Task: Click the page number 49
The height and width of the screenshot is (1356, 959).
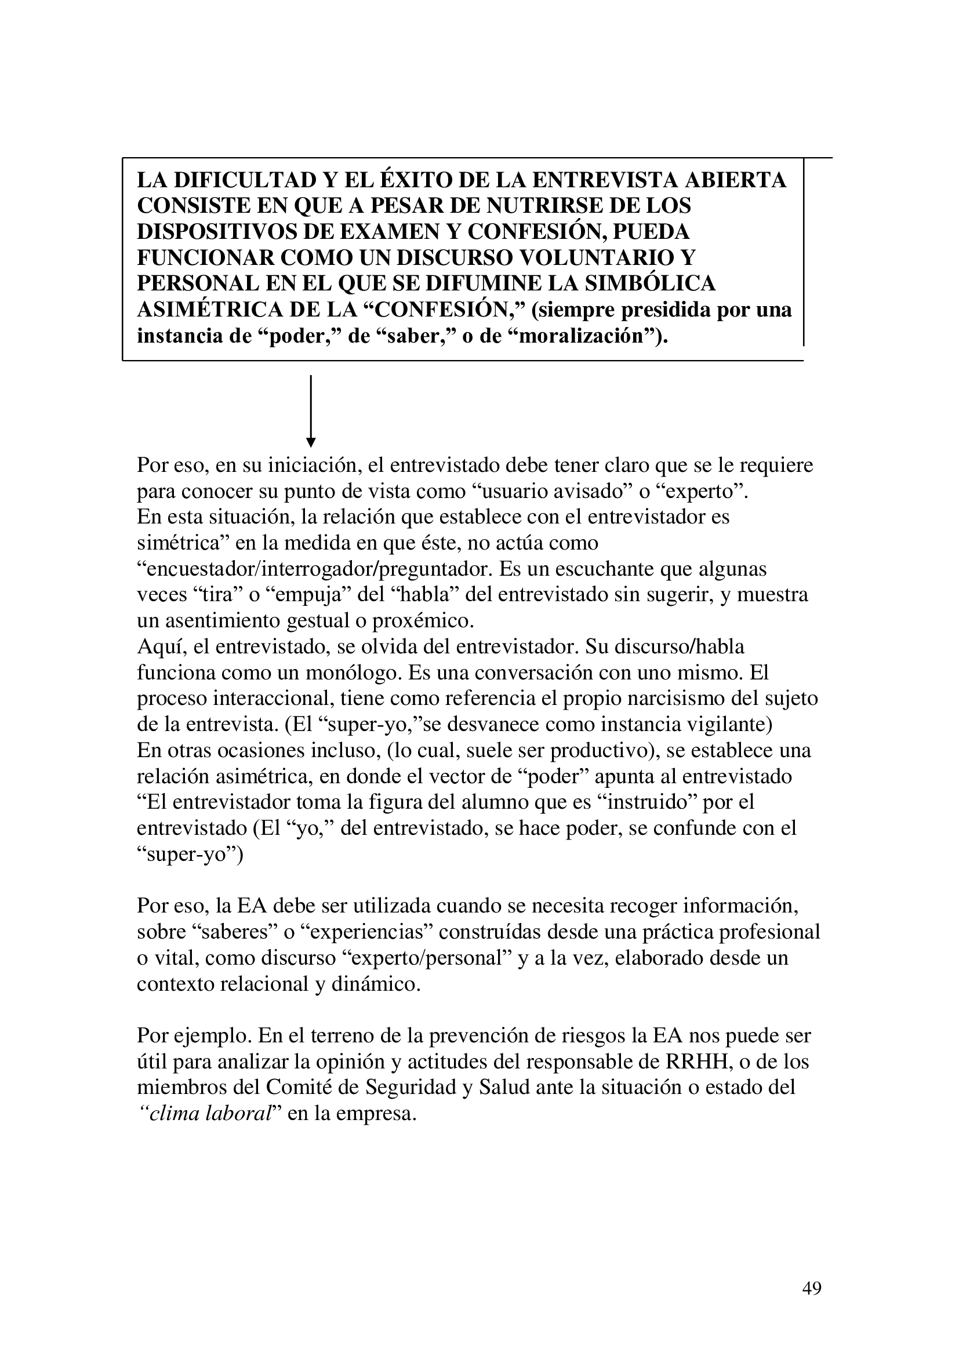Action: [812, 1289]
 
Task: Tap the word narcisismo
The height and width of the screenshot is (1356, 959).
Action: [663, 699]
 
